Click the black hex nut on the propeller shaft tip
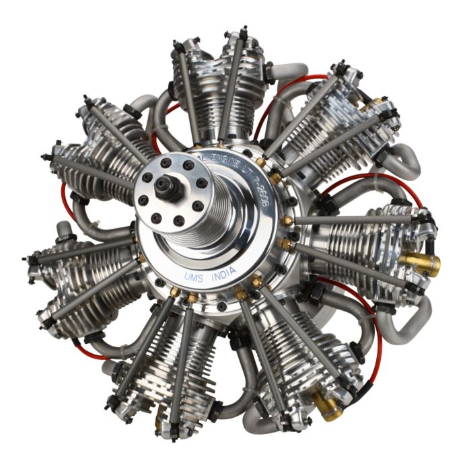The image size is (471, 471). tap(166, 187)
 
